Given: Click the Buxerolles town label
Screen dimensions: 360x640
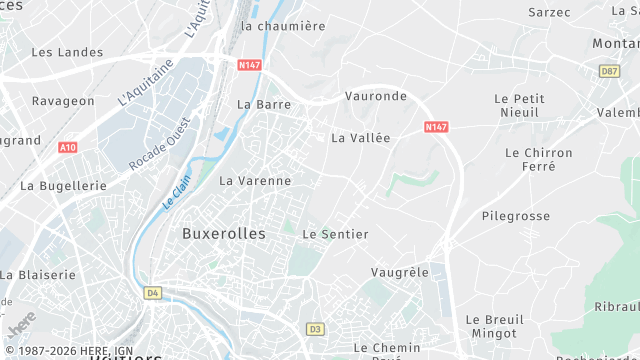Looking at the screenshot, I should [224, 233].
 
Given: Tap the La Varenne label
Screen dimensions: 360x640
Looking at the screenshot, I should [255, 181].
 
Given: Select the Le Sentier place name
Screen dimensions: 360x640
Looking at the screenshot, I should [335, 234].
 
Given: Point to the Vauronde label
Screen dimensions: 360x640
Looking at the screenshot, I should [375, 96].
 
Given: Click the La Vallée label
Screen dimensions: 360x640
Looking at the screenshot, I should [360, 138].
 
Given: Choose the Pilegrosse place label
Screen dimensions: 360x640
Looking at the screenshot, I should [516, 216].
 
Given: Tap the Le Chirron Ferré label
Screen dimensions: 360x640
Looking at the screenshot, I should [539, 160].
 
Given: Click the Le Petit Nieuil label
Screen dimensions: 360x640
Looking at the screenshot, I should [518, 106].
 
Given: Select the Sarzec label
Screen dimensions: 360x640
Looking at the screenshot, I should [549, 13].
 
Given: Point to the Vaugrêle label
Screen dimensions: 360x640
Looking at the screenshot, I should [399, 272].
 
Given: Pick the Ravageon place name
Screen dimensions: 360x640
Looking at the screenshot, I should [63, 102].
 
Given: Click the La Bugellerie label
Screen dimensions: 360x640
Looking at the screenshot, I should [63, 186].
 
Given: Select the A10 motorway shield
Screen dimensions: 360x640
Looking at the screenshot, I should [67, 148].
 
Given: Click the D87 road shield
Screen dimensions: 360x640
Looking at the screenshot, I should [610, 71].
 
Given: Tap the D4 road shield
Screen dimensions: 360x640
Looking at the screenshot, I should [152, 293].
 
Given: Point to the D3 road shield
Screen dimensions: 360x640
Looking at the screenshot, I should [316, 328].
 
